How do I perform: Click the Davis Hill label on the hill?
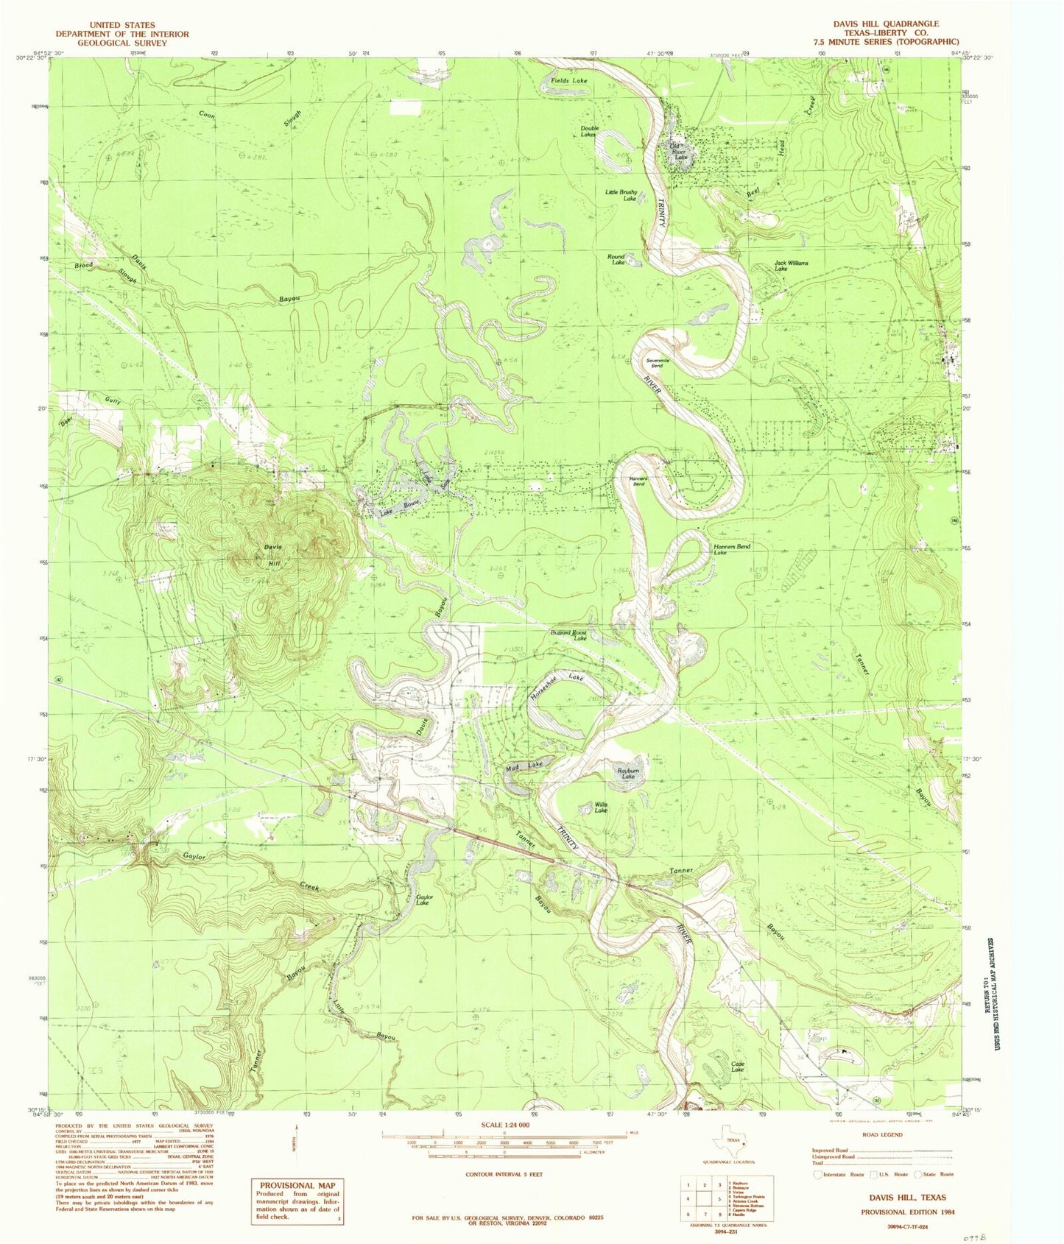[273, 556]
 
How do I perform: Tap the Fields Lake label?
[569, 80]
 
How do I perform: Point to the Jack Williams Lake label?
[791, 266]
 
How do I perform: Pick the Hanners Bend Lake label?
[731, 550]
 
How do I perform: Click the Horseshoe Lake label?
[557, 686]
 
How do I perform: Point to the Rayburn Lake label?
[627, 774]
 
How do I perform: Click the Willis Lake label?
[601, 807]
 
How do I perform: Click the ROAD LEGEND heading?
[881, 1134]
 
